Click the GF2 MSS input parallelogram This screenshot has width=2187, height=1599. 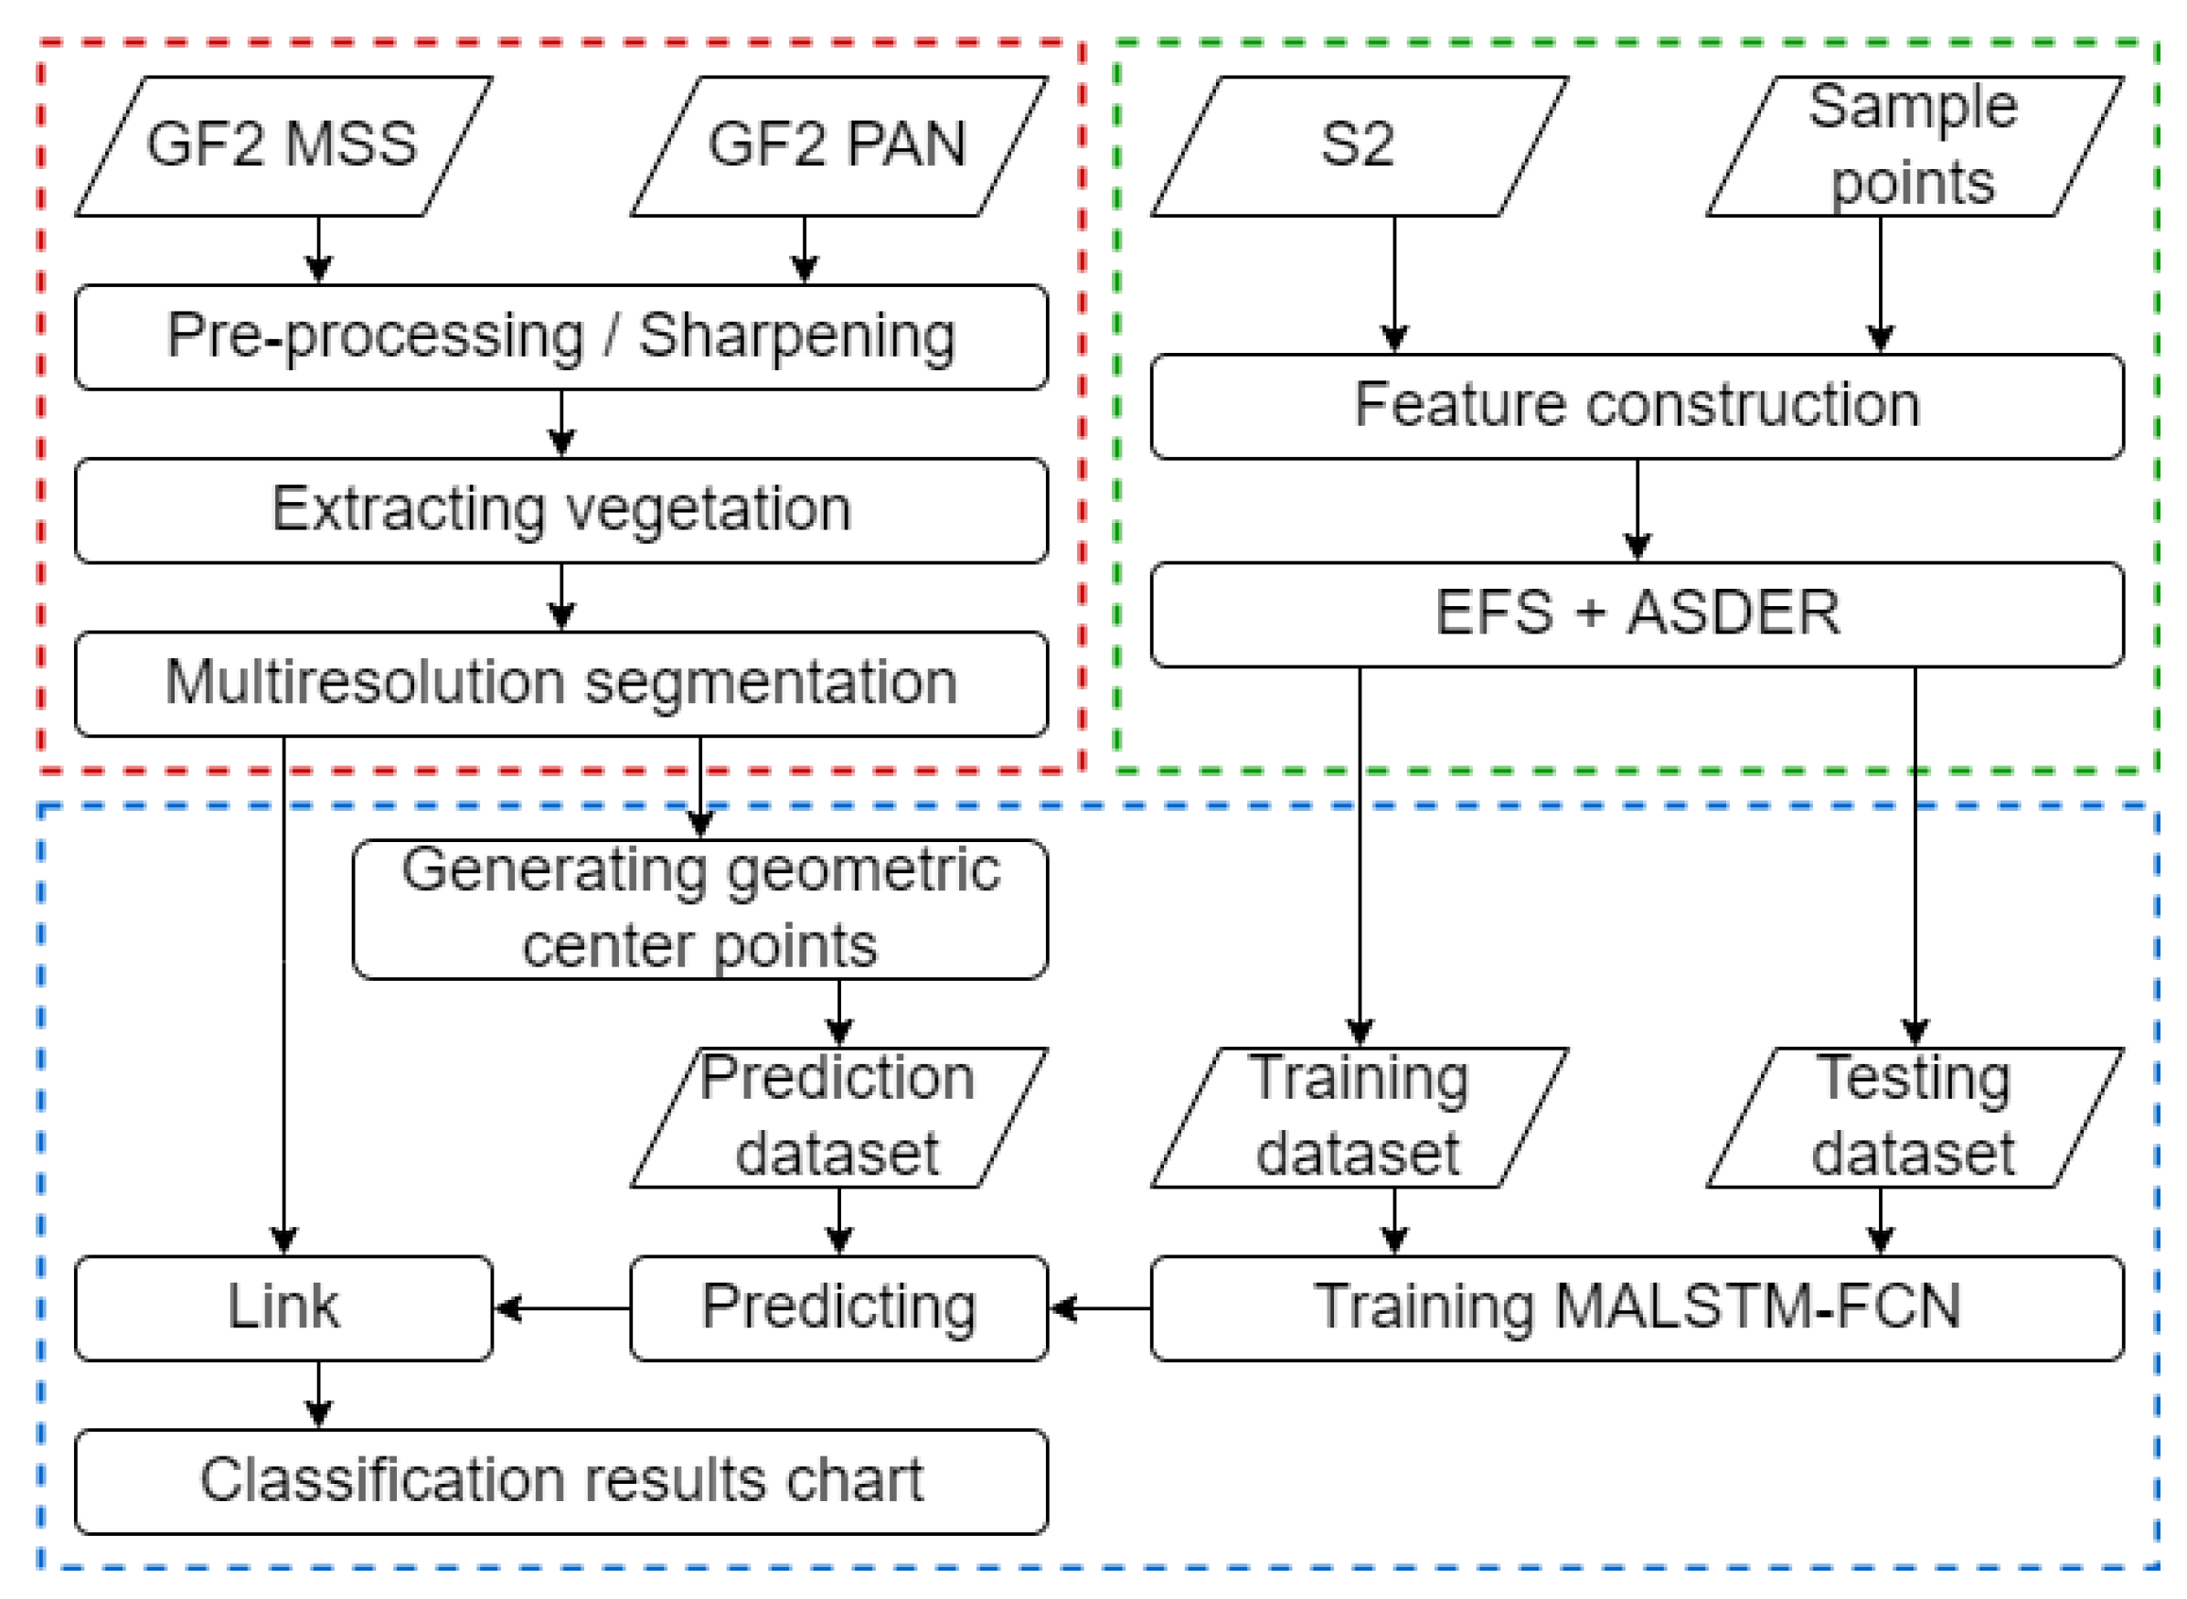point(283,146)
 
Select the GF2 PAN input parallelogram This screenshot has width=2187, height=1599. point(839,146)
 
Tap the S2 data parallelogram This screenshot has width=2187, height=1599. point(1359,146)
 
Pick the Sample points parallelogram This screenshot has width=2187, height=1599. point(1915,146)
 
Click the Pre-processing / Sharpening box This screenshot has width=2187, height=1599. point(561,336)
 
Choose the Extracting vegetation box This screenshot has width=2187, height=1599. point(561,510)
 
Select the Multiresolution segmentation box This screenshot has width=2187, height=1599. point(561,683)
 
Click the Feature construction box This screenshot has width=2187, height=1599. point(1638,407)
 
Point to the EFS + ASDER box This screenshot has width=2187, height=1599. point(1638,613)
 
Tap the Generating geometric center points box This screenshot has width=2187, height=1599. point(700,909)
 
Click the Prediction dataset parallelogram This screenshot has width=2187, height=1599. point(839,1117)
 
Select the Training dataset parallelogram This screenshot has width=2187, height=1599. point(1359,1117)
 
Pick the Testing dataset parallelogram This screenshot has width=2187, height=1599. point(1915,1117)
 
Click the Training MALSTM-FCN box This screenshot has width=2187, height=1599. point(1638,1307)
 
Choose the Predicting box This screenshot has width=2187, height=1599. point(839,1307)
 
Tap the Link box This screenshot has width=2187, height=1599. point(283,1307)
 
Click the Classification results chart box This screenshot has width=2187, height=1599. point(561,1481)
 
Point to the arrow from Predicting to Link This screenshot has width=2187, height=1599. point(561,1308)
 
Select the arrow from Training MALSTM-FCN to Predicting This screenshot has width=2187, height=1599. point(1099,1308)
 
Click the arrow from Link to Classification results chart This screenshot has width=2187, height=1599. point(319,1394)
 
